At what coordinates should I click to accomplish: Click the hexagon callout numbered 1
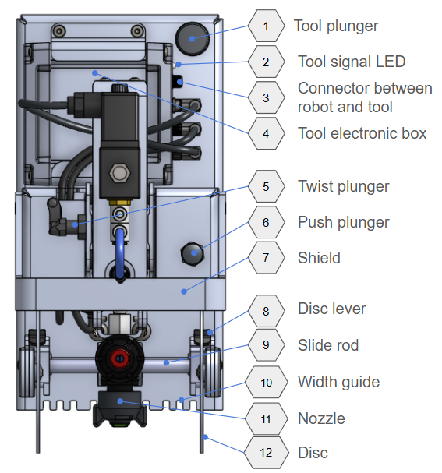point(266,26)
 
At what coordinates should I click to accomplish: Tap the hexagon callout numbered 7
point(266,258)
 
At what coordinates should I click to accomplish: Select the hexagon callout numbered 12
point(266,453)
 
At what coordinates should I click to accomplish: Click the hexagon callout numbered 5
point(266,186)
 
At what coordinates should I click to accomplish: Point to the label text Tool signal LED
point(352,62)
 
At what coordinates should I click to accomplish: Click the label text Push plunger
point(343,223)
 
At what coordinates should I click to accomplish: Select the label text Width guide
point(338,382)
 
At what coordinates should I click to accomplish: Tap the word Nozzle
point(321,418)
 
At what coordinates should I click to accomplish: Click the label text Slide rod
point(328,345)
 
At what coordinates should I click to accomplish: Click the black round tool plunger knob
point(193,39)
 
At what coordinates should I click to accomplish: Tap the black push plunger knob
point(193,253)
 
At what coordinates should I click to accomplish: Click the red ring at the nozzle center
point(120,358)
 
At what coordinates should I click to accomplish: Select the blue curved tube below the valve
point(120,252)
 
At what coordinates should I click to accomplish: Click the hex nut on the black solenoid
point(120,174)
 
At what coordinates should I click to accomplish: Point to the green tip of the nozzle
point(120,425)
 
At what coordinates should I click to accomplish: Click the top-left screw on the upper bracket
point(58,30)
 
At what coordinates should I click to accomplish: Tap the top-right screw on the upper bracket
point(137,30)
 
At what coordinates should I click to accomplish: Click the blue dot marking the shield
point(184,291)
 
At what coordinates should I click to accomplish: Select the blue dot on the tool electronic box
point(95,72)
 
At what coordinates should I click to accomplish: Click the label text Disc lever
point(331,309)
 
